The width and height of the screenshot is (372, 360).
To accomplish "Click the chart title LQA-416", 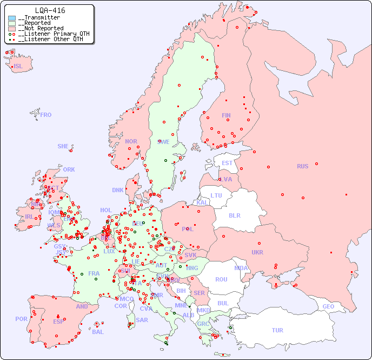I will [x=50, y=10].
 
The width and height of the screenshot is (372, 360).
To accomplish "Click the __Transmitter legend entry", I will [x=39, y=18].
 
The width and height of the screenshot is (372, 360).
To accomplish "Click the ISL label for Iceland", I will [x=18, y=67].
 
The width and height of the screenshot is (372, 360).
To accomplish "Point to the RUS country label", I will [x=302, y=166].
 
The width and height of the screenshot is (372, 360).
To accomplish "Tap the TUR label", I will [x=277, y=330].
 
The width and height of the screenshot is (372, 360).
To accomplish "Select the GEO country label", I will [x=328, y=306].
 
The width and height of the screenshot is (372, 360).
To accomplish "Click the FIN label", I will [x=226, y=115].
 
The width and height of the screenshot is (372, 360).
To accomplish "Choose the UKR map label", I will [x=257, y=252].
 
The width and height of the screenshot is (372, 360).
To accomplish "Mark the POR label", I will [x=21, y=319].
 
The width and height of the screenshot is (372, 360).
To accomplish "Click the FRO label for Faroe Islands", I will [x=45, y=115].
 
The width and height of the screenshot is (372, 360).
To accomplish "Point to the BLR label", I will [x=235, y=215].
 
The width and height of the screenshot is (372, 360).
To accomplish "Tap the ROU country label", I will [x=221, y=279].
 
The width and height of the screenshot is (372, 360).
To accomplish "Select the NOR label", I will [x=131, y=141].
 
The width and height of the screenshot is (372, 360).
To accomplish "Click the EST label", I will [x=227, y=163].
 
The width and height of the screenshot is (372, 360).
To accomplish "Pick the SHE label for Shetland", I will [x=63, y=146].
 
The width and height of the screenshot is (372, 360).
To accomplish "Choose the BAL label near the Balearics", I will [x=98, y=332].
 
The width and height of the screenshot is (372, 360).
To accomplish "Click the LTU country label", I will [x=216, y=195].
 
